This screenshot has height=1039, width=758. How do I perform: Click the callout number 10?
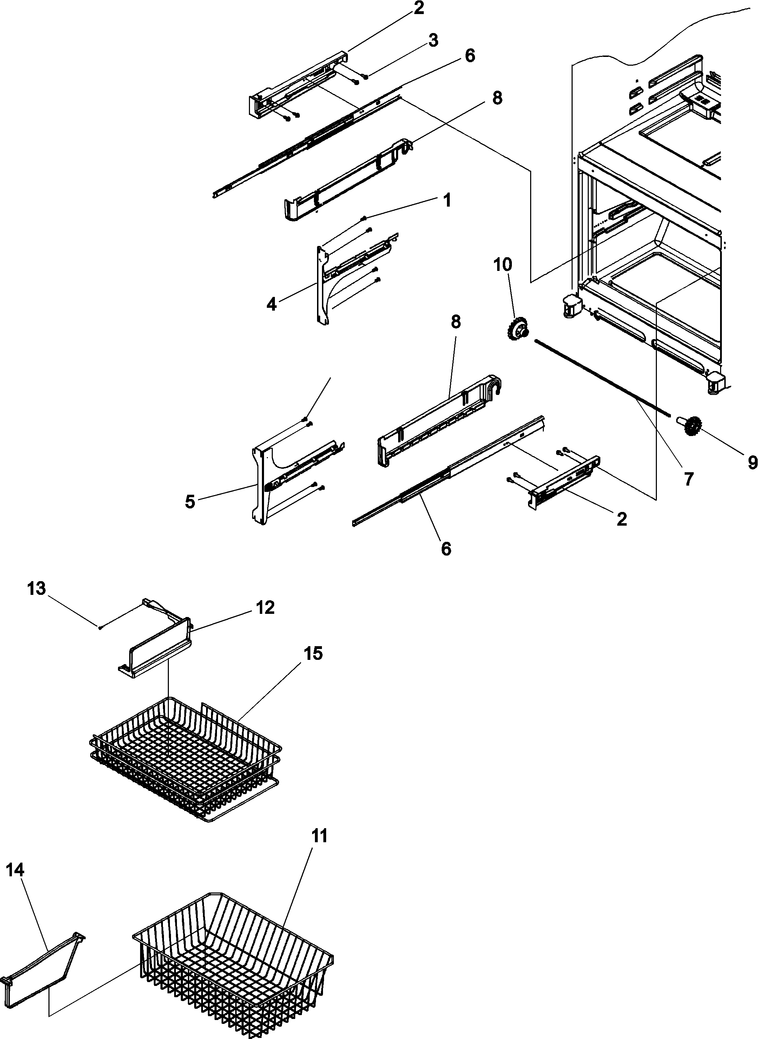502,265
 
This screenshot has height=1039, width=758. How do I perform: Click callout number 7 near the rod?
688,479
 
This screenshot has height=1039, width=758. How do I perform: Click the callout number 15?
314,653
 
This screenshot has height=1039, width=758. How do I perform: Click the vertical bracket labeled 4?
323,285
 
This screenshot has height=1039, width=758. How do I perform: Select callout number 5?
190,502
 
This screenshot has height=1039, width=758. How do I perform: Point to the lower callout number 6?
446,548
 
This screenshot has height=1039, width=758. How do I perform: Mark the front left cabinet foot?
571,305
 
